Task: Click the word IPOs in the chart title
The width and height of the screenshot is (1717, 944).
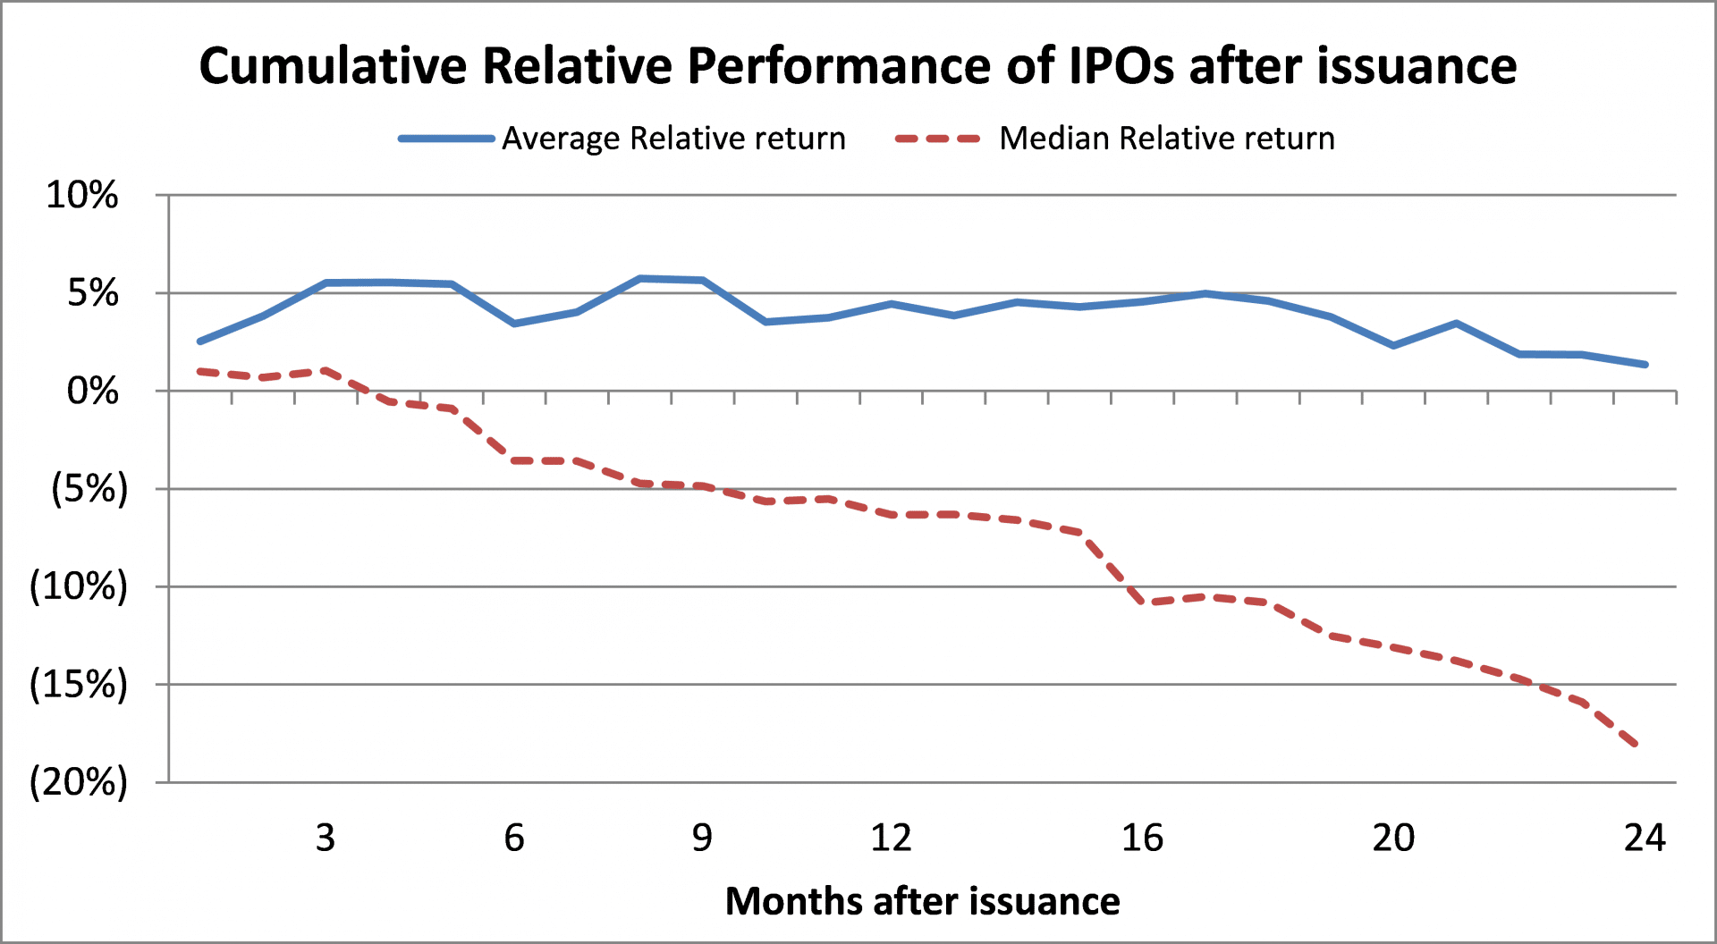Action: click(x=1121, y=65)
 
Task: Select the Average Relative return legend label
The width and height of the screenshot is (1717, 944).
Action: click(x=673, y=139)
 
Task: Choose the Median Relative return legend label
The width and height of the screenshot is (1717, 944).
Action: click(x=1167, y=139)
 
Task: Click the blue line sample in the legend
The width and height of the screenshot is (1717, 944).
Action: click(x=446, y=139)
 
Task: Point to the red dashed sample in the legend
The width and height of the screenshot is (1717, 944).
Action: click(x=938, y=139)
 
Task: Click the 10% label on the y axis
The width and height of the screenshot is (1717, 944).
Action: click(x=82, y=195)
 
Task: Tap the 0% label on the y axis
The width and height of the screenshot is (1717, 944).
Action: click(x=93, y=391)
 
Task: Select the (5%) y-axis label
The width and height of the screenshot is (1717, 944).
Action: click(x=89, y=489)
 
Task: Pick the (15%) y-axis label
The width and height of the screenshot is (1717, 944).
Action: click(x=79, y=685)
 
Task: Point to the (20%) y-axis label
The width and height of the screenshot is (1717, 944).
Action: click(x=79, y=782)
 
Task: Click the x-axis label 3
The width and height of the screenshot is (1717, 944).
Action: click(x=326, y=838)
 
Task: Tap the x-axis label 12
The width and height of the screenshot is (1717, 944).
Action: click(x=891, y=838)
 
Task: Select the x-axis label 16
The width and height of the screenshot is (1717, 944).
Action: click(x=1142, y=838)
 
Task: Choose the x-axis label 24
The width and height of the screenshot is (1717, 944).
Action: click(x=1645, y=838)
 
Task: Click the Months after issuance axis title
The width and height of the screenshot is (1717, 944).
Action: click(x=922, y=900)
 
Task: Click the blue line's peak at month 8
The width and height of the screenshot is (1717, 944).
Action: click(x=640, y=279)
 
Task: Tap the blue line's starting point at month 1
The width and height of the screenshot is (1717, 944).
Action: click(x=199, y=341)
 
